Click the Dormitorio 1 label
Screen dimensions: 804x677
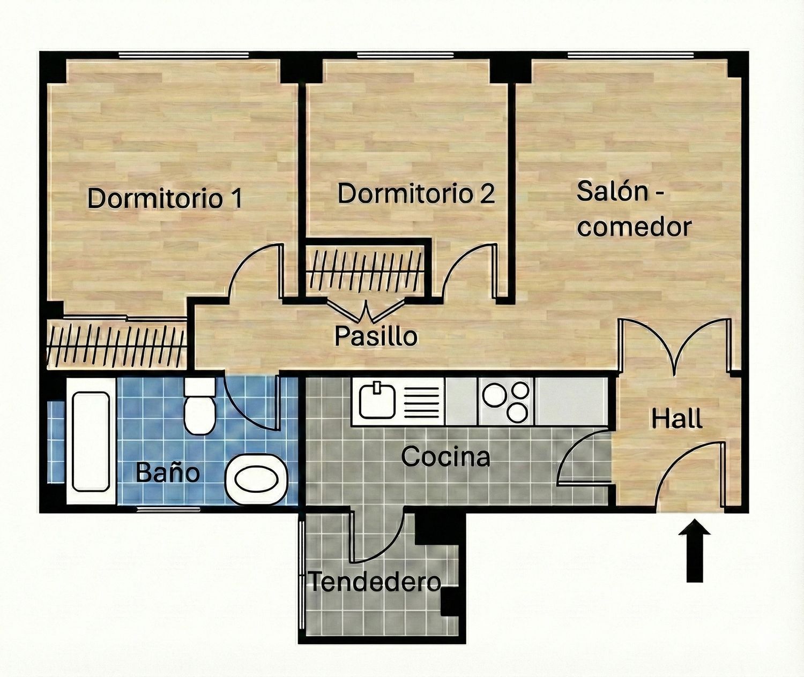pos(165,198)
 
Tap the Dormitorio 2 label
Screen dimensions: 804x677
pos(416,193)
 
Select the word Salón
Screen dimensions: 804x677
pos(612,191)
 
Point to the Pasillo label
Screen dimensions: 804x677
pos(375,336)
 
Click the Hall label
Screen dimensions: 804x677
pos(676,419)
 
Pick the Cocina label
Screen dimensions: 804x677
pos(445,456)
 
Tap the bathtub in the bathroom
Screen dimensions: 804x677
pos(91,441)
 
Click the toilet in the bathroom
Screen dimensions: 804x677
pos(199,405)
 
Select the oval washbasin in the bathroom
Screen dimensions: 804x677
pos(256,479)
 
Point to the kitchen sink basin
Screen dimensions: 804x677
pos(377,401)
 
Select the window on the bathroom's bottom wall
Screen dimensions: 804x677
pos(169,510)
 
